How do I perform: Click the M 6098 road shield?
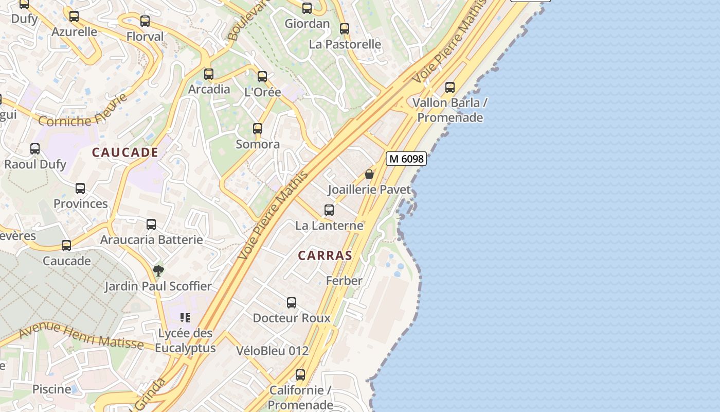[x=406, y=159]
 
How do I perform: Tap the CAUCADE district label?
[x=125, y=152]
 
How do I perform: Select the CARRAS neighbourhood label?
[x=325, y=255]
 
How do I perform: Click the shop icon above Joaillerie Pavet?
[x=369, y=175]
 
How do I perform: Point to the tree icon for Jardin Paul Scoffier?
[x=158, y=270]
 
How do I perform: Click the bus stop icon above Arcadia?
[x=208, y=74]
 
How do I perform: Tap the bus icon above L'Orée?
[x=262, y=77]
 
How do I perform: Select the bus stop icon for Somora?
[x=258, y=129]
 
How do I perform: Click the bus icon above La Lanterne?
[x=329, y=210]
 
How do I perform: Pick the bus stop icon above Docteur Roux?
[x=292, y=303]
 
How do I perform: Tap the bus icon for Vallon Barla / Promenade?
[x=450, y=88]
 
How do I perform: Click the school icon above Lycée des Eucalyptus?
[x=185, y=318]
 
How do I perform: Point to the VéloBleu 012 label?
[x=273, y=351]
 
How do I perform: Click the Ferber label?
[x=344, y=281]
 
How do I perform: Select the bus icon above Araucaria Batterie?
[x=151, y=225]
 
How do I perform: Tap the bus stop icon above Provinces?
[x=80, y=188]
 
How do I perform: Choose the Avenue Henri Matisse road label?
[x=81, y=336]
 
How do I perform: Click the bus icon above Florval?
[x=145, y=21]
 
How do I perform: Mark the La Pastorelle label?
[x=345, y=44]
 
